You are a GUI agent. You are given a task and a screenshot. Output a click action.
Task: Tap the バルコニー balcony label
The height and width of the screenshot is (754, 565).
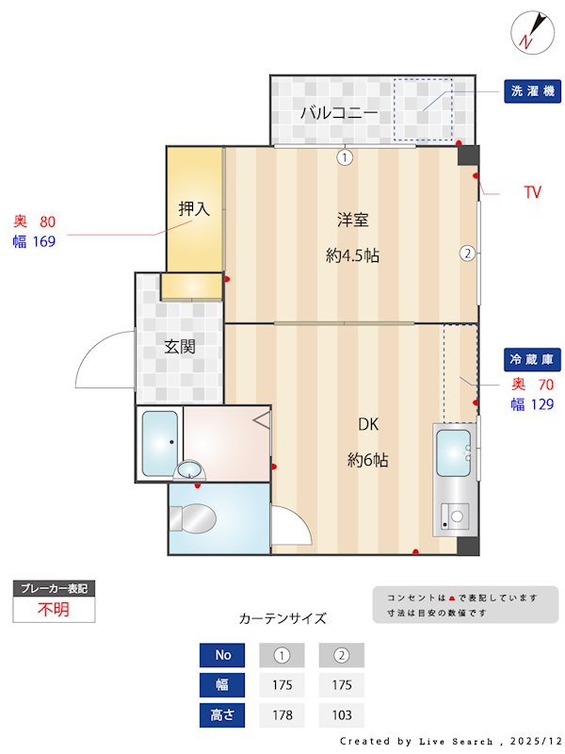pos(339,113)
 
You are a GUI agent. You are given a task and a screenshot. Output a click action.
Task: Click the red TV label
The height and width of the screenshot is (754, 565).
pos(533,192)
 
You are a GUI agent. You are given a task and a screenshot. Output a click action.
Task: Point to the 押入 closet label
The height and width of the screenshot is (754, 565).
pos(194,209)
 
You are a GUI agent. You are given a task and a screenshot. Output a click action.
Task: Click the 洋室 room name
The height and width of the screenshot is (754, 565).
pos(352,221)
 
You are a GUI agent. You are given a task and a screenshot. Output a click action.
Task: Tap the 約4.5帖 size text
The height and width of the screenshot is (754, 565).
pos(352,254)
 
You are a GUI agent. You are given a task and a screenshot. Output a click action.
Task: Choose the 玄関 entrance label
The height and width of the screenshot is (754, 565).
pos(180,347)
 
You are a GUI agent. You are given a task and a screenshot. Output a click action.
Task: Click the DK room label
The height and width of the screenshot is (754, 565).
pos(367,424)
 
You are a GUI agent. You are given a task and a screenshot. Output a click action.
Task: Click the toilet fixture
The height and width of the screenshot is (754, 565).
pos(196,516)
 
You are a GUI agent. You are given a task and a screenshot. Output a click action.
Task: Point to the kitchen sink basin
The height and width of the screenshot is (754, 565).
pos(453,453)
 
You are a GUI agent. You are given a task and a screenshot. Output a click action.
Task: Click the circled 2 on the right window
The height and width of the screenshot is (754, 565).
pos(466,253)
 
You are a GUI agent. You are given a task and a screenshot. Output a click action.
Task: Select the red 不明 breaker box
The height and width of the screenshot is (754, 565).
pos(54,609)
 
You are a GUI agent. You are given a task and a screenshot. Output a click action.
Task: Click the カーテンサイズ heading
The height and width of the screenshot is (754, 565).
pos(282,619)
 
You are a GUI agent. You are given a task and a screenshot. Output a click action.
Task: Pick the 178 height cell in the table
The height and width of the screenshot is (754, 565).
pos(282,715)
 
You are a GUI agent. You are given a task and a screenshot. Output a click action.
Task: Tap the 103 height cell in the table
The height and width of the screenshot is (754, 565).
pos(341,715)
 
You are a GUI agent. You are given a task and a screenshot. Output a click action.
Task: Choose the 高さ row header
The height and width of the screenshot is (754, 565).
pos(223,715)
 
